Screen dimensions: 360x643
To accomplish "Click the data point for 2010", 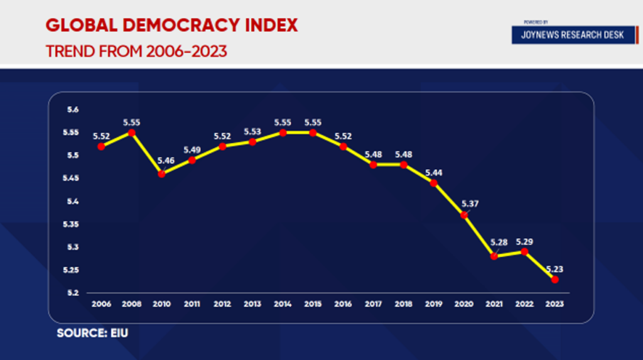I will [161, 174].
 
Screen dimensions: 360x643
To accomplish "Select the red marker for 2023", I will [554, 280].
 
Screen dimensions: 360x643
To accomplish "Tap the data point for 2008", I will [131, 133].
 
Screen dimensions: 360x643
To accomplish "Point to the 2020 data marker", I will [464, 215].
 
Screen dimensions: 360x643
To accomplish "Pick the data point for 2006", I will [101, 146].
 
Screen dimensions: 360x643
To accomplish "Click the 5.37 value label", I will [470, 203].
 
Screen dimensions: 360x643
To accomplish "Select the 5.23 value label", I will [554, 268].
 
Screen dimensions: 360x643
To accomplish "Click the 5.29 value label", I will [524, 241].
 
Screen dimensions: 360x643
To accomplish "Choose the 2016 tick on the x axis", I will [343, 304].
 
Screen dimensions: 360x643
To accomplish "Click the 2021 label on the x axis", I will [494, 304].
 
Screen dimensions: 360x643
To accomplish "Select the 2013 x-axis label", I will [252, 304].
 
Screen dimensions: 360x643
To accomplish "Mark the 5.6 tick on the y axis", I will [73, 110].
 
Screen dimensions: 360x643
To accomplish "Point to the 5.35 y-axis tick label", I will [71, 224].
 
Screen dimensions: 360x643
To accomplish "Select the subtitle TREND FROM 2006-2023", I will [136, 51].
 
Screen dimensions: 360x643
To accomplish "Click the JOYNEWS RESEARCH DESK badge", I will [572, 35].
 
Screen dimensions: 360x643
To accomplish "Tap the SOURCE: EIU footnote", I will [92, 333].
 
